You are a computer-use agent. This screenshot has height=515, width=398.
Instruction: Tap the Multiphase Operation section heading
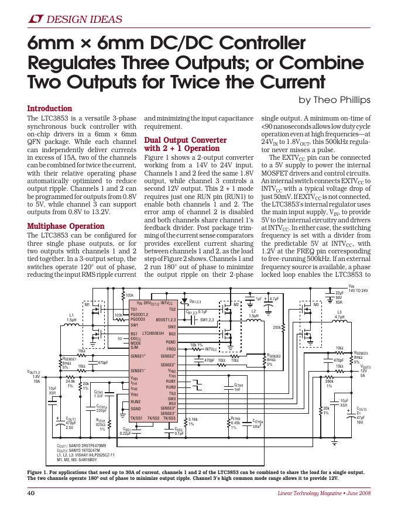pyautogui.click(x=66, y=226)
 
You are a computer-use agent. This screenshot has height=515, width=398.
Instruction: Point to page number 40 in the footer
pyautogui.click(x=32, y=493)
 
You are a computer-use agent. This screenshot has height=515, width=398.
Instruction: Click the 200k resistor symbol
pyautogui.click(x=283, y=328)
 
